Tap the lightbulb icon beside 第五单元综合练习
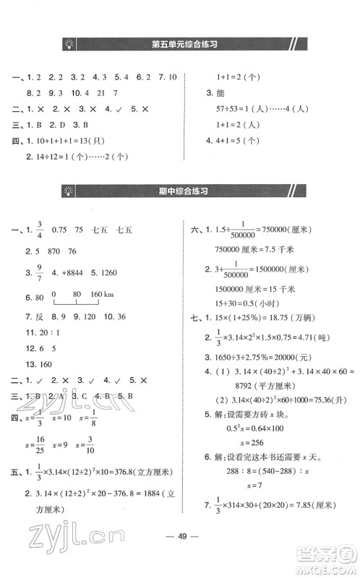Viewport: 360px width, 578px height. pos(70,44)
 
